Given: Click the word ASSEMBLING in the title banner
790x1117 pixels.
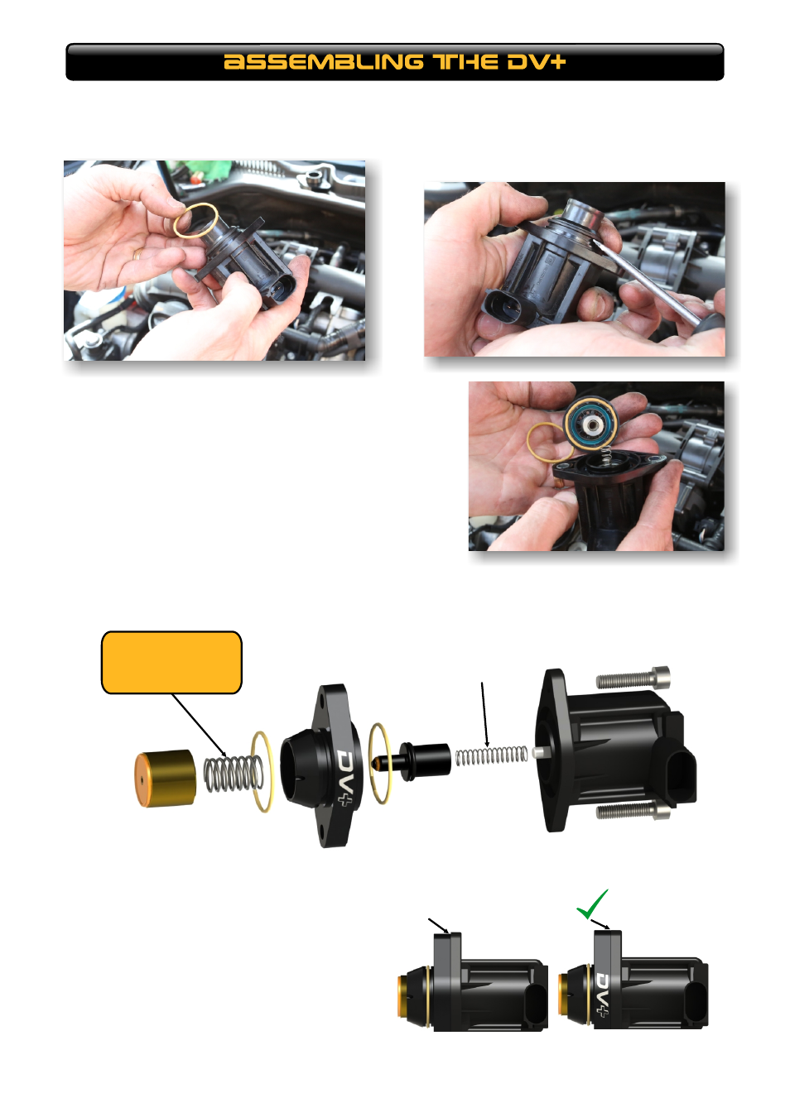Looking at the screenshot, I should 324,62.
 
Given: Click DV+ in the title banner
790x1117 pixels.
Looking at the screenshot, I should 536,62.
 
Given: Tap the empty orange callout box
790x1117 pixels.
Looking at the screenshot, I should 171,662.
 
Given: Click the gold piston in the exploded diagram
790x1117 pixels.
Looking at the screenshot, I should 165,778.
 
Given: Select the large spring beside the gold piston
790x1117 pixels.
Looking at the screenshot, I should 233,774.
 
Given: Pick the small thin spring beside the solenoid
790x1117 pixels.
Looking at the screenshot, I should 491,755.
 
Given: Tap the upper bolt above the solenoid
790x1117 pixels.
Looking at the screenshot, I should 633,678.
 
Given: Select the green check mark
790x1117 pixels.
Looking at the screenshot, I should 592,904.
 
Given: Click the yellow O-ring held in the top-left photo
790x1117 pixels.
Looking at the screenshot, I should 196,221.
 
